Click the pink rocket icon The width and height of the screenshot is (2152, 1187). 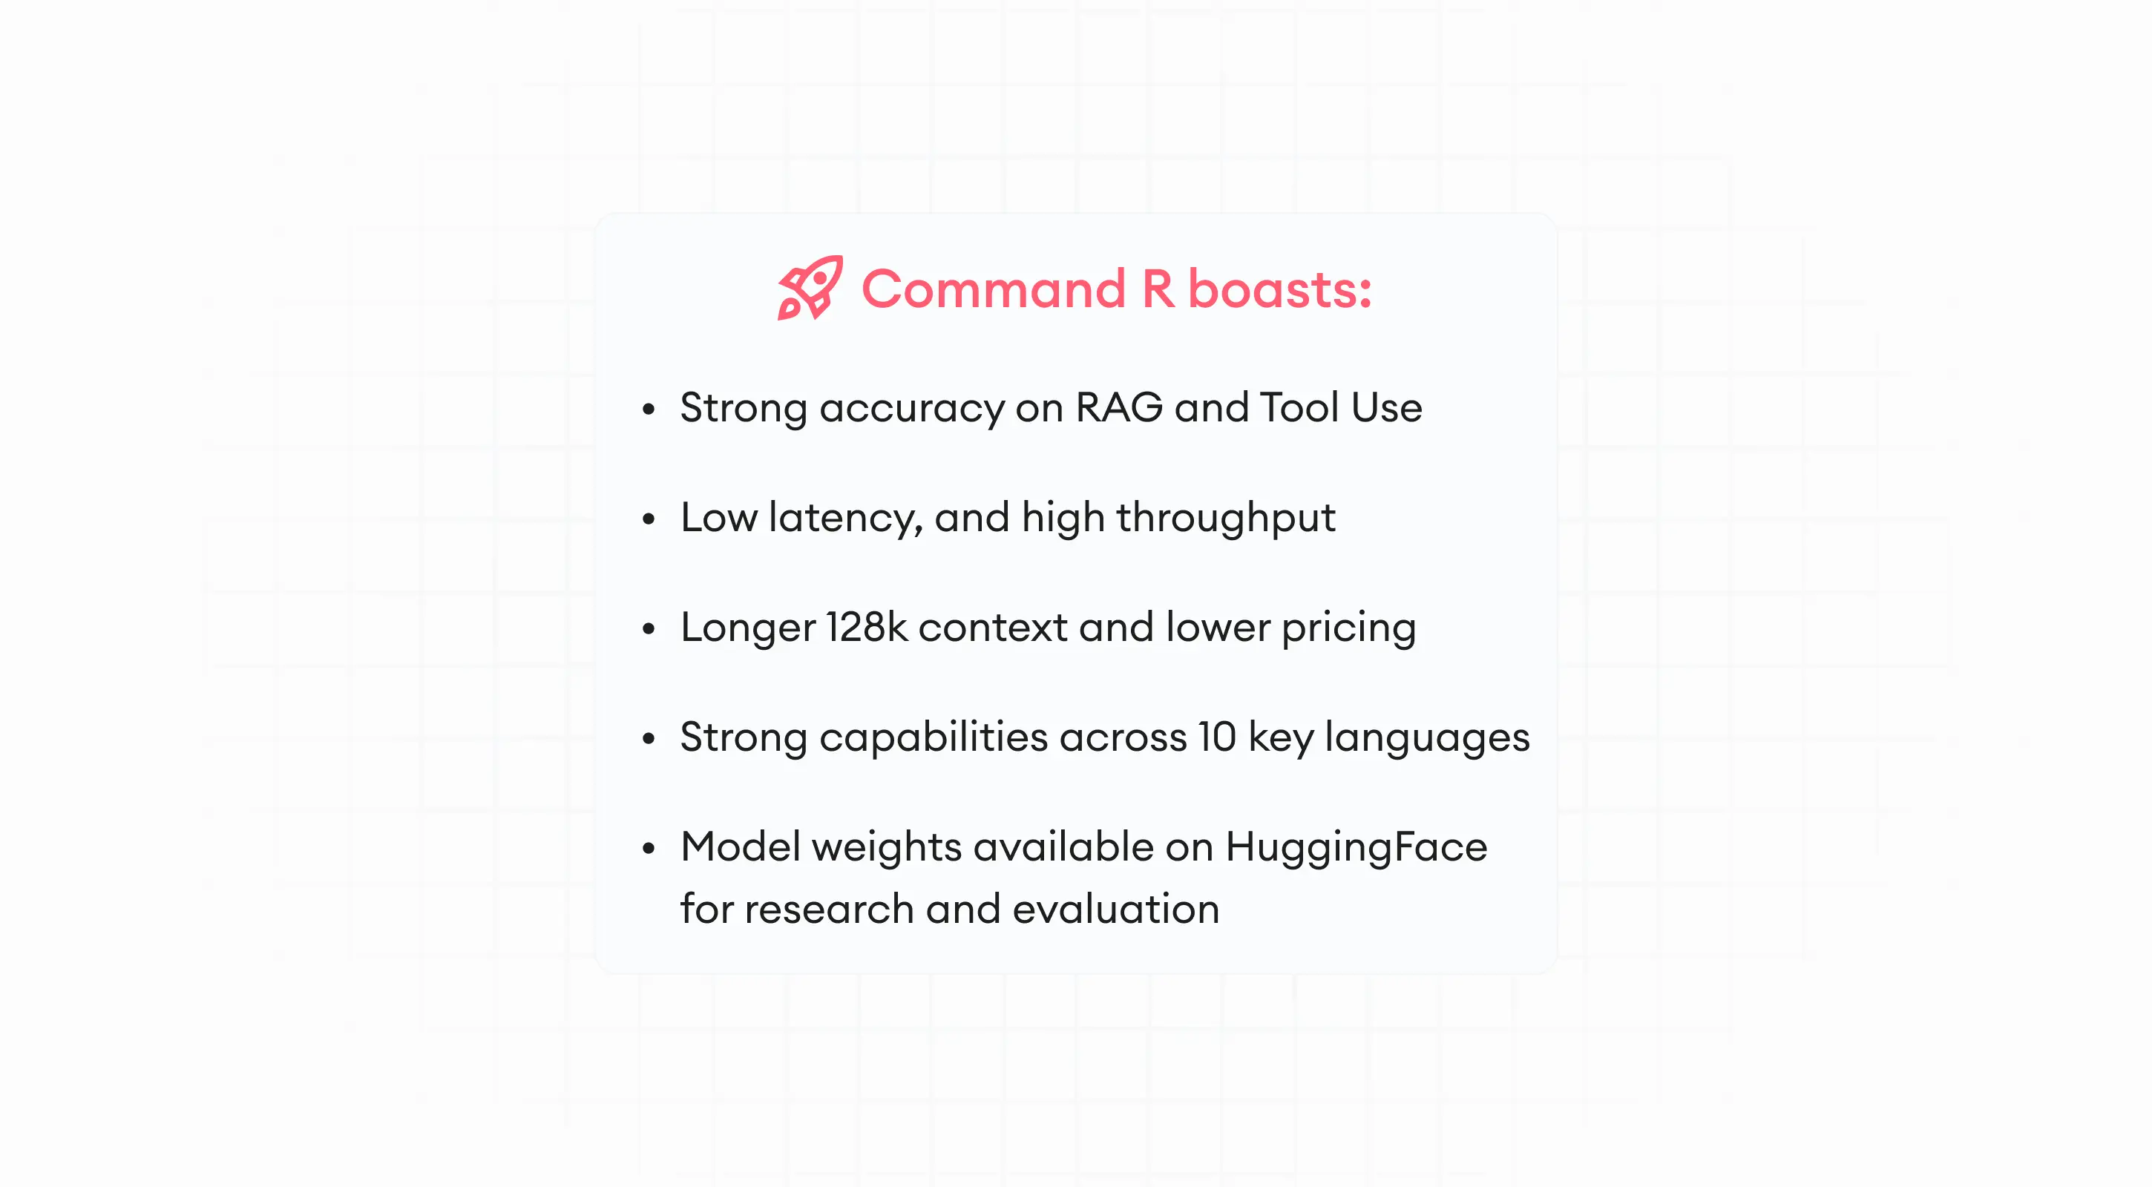[810, 288]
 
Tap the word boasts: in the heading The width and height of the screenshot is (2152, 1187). [1279, 289]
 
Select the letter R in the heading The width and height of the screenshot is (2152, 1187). [1158, 289]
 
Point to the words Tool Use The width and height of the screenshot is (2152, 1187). [1340, 407]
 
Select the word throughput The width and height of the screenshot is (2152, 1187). [1226, 518]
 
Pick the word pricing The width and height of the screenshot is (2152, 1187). [1348, 628]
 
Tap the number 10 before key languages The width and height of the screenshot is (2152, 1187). [1216, 737]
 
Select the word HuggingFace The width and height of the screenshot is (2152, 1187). [1356, 847]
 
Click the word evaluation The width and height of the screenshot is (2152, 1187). [1115, 909]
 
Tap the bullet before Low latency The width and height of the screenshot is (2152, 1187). [649, 519]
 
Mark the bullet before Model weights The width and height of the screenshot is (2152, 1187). [649, 849]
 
